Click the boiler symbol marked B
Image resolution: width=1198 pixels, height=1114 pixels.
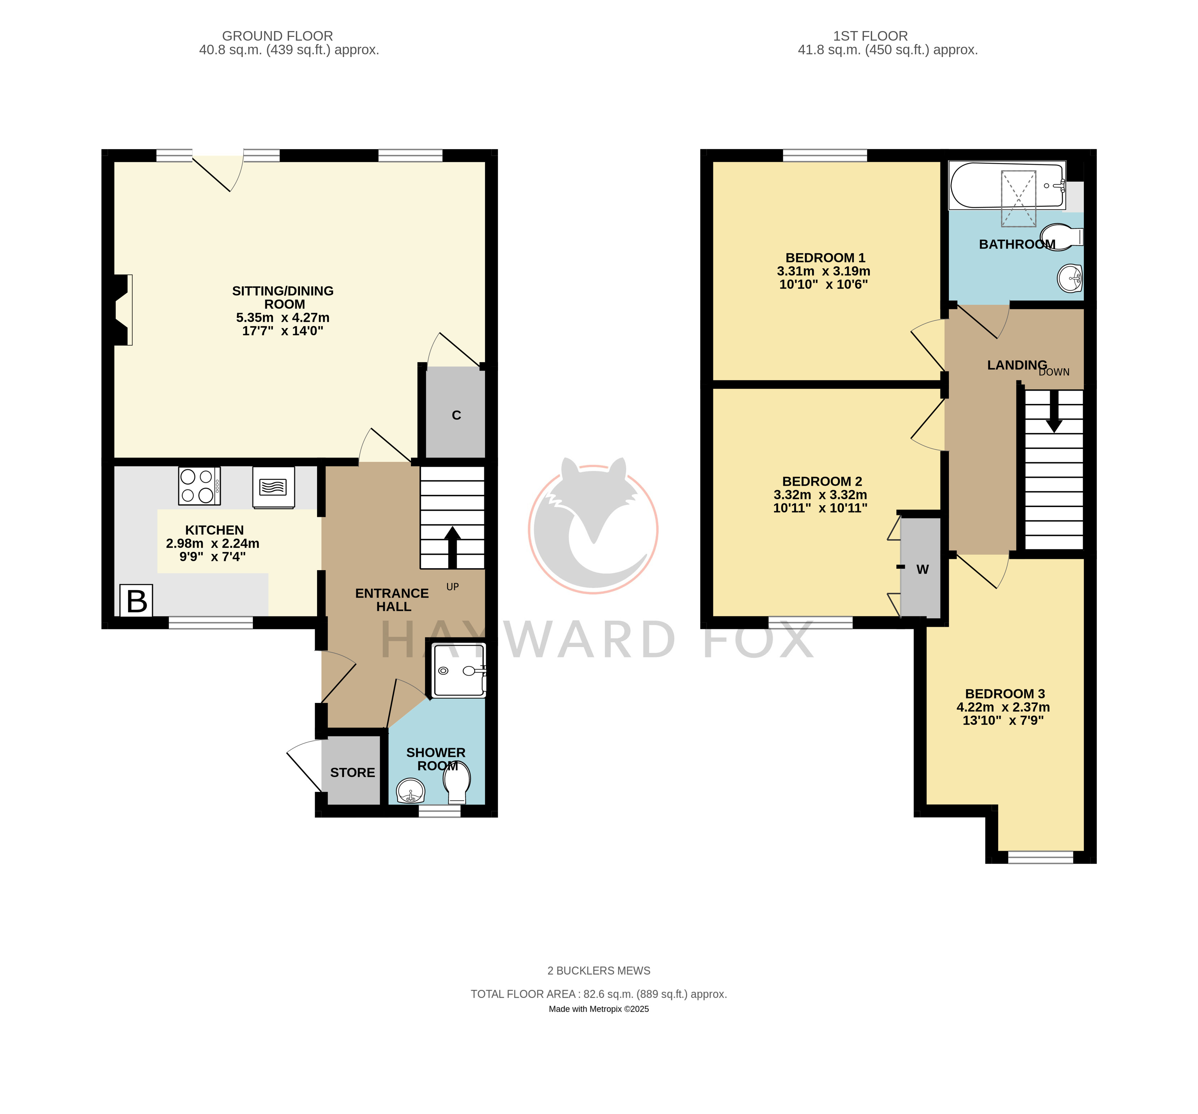click(x=136, y=600)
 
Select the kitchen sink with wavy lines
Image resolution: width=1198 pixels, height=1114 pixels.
click(x=274, y=487)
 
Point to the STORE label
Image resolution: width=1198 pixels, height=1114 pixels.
click(x=353, y=773)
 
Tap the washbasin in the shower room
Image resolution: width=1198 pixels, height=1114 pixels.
click(x=410, y=790)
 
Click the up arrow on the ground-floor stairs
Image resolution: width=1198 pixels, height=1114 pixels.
click(x=452, y=548)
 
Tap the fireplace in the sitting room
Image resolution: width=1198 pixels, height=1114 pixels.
click(x=123, y=310)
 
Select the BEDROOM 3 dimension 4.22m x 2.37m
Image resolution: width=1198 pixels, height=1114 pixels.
click(x=1003, y=707)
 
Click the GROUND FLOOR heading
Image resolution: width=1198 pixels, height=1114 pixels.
click(x=277, y=36)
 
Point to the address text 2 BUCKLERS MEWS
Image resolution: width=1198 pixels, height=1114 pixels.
click(x=598, y=971)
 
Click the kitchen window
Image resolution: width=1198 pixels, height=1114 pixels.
click(x=210, y=623)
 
